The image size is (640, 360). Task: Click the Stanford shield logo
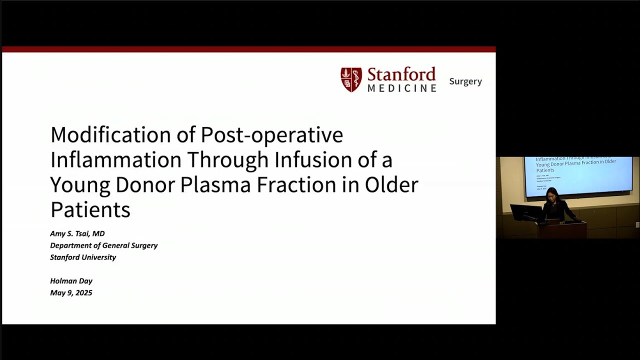coord(351,80)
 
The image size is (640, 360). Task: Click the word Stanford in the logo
coord(401,75)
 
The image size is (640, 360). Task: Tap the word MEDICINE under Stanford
coord(402,88)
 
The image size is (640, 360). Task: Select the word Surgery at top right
coord(465,81)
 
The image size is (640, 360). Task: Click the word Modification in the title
coord(118,135)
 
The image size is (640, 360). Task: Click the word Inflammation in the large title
coord(115,160)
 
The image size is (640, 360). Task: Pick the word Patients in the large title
coord(90,210)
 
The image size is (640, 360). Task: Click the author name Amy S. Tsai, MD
coord(77,233)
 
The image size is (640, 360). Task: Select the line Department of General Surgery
coord(103,245)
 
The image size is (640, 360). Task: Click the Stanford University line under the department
coord(83,257)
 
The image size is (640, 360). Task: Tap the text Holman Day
coord(71,281)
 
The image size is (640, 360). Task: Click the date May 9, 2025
coord(71,293)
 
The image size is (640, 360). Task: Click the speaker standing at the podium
coord(554,205)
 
